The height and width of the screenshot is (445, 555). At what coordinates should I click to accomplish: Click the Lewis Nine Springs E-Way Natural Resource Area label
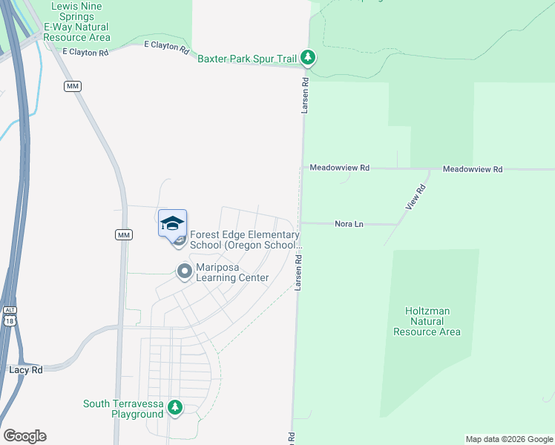(77, 22)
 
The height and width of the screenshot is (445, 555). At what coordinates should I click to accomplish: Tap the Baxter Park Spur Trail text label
(247, 58)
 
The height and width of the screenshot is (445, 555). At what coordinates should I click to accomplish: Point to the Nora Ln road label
(349, 223)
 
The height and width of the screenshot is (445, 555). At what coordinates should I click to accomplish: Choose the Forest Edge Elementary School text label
(245, 240)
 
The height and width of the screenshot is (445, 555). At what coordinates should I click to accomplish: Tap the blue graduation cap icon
(172, 223)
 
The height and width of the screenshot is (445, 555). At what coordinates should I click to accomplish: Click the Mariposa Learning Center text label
(231, 272)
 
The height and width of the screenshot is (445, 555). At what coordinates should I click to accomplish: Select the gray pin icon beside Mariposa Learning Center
(184, 272)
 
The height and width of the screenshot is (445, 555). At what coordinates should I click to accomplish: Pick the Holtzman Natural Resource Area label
(427, 322)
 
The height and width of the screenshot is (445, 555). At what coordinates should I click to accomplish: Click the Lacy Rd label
(26, 369)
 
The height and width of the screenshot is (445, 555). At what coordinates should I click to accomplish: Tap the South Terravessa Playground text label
(123, 409)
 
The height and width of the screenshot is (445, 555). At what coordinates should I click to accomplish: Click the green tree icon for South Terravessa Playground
(175, 407)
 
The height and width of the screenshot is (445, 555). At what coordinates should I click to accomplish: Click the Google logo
(24, 436)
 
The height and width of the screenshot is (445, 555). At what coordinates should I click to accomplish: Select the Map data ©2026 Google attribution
(509, 439)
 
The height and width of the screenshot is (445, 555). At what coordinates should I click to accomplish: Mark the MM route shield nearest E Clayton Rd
(72, 87)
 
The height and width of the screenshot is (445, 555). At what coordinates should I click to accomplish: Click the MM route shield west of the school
(124, 234)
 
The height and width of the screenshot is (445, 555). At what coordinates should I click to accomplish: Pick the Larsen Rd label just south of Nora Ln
(298, 271)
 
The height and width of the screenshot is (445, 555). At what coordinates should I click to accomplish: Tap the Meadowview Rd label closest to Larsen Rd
(340, 168)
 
